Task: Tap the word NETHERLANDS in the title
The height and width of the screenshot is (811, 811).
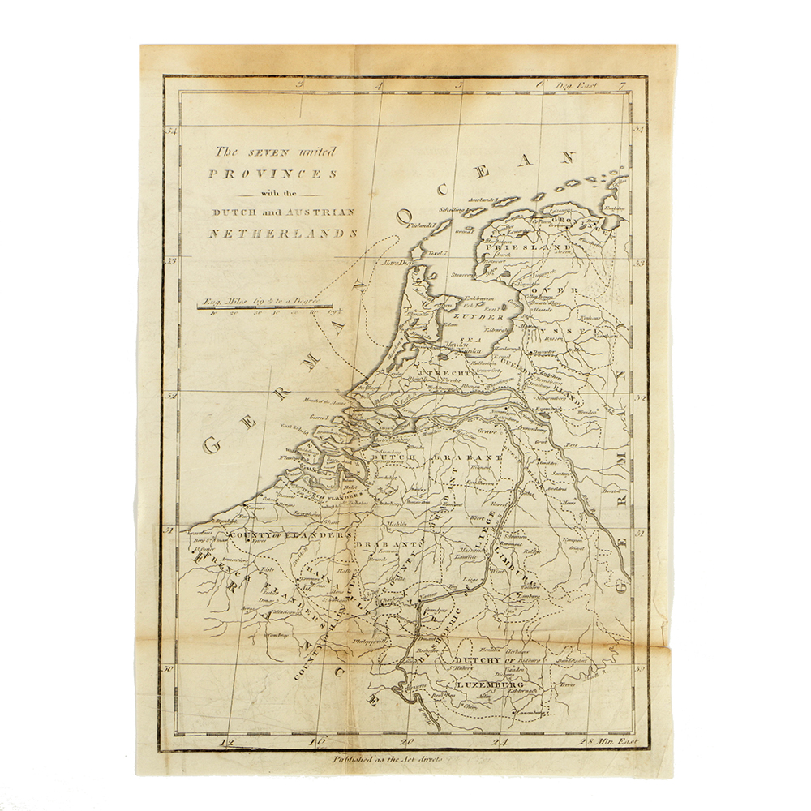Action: tap(281, 233)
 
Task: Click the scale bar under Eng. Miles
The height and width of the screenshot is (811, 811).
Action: tap(264, 307)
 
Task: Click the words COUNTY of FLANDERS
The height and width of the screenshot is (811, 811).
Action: tap(290, 536)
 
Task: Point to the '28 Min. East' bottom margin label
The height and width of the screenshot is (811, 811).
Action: tap(608, 742)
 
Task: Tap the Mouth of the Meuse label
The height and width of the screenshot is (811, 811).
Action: tap(324, 401)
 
